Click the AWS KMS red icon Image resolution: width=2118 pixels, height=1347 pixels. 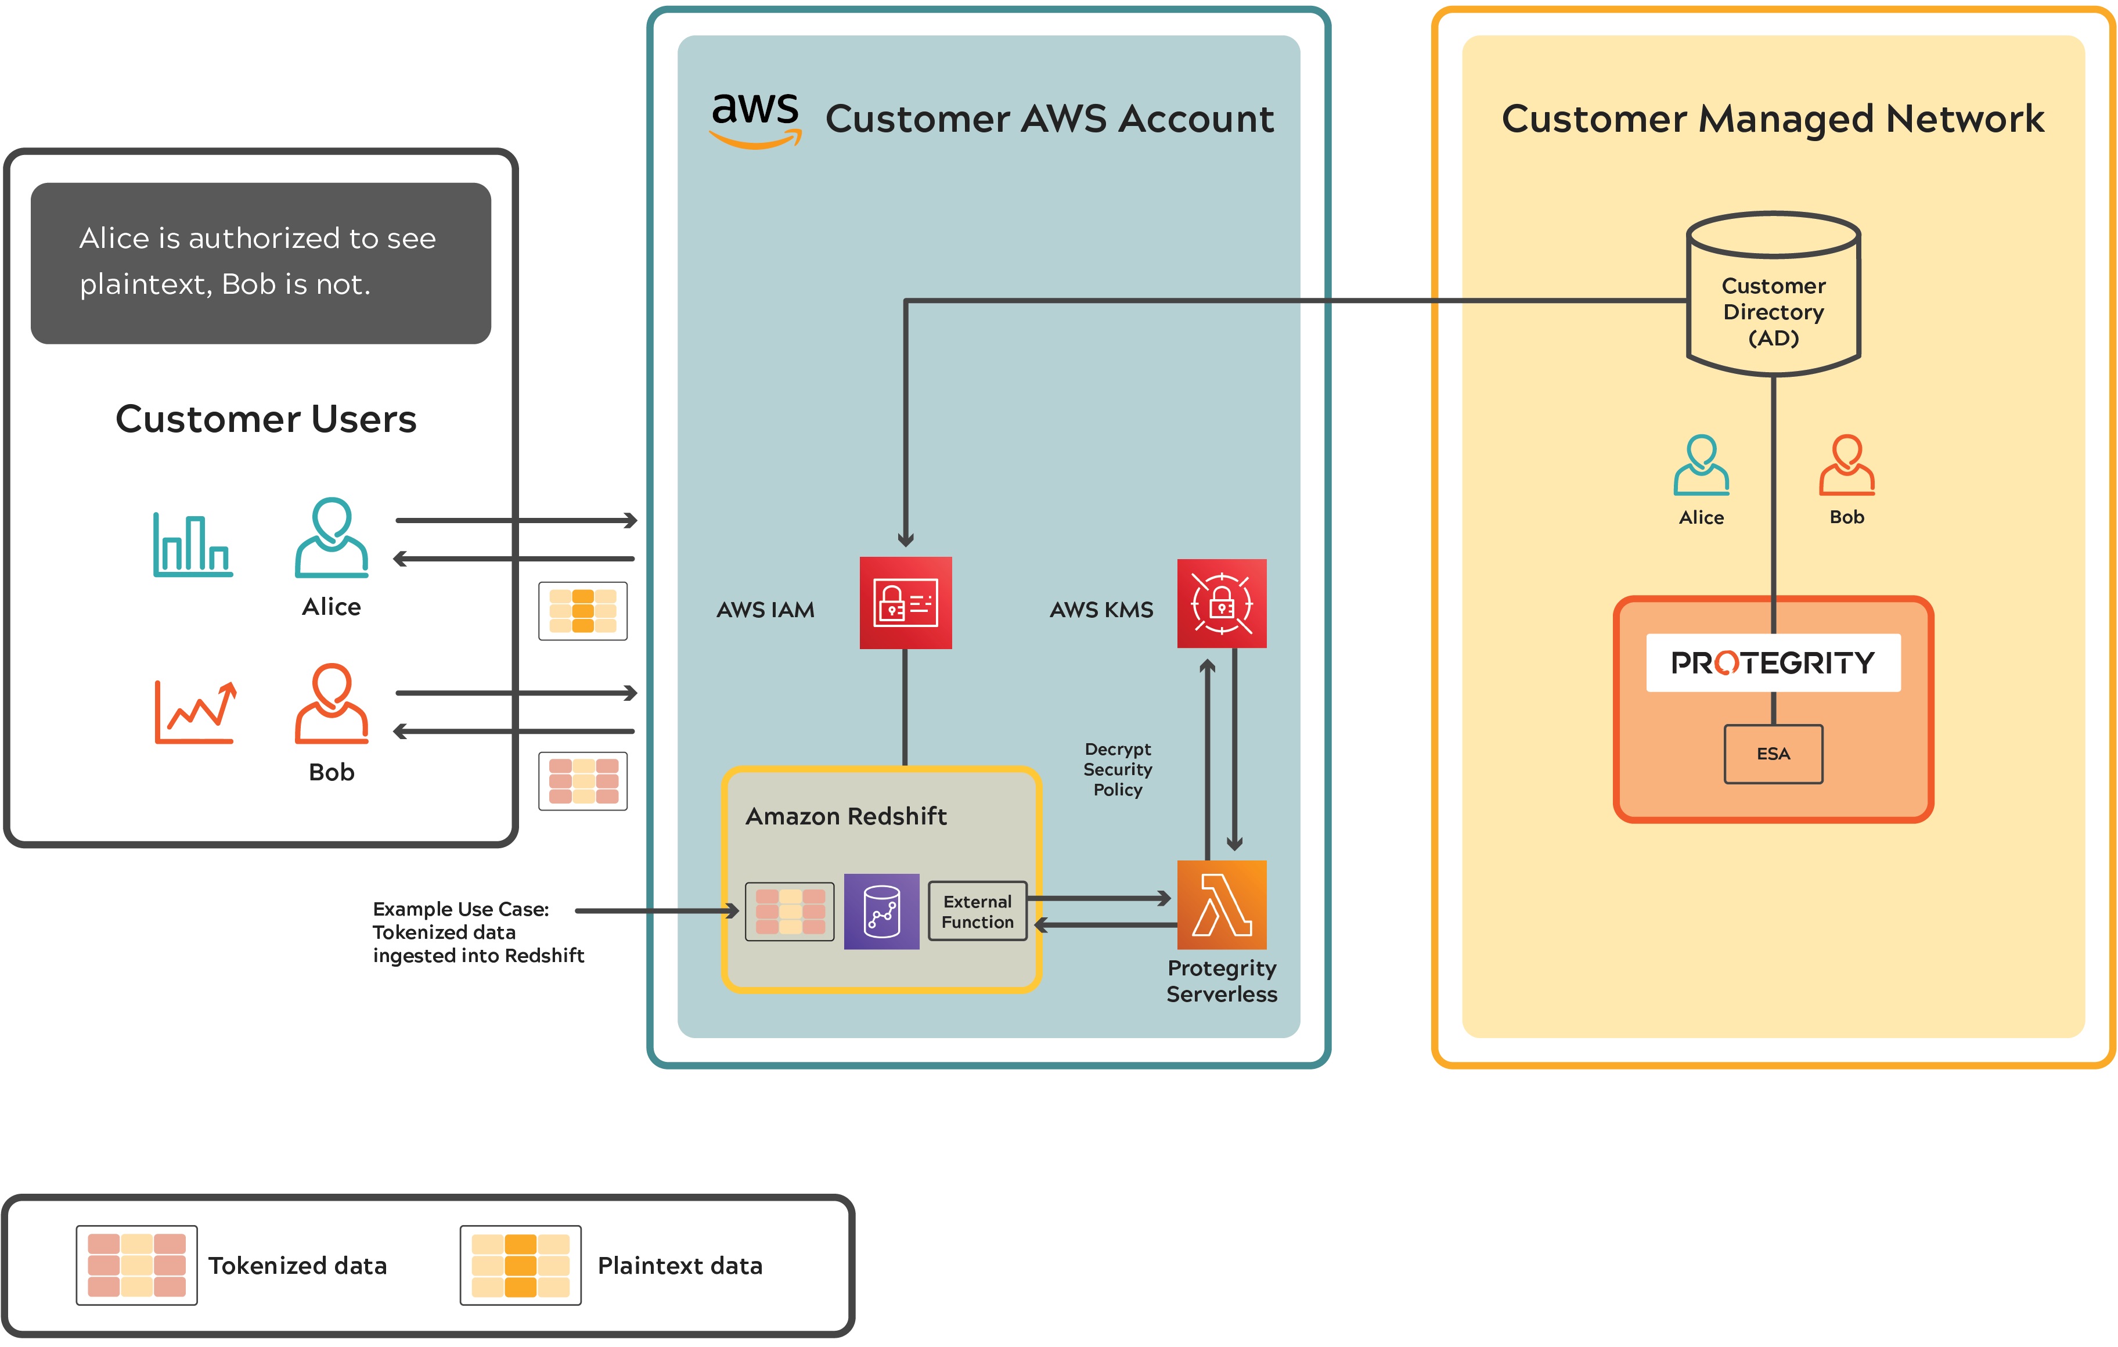pos(1222,604)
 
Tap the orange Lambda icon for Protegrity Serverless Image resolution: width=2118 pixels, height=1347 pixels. pos(1222,905)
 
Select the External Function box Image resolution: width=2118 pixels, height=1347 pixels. pos(977,912)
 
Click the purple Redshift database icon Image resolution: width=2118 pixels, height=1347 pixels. pos(881,912)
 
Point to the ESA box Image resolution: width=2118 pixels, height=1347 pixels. pos(1773,754)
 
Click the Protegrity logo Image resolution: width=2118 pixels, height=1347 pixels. pos(1773,662)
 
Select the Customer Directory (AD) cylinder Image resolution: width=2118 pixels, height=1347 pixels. pos(1773,295)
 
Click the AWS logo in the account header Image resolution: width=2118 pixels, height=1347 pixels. pos(755,120)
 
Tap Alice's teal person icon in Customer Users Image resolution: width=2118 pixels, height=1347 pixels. pos(332,538)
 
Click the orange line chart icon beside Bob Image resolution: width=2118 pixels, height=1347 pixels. pos(195,712)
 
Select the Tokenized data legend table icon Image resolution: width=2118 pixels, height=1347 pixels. pos(136,1265)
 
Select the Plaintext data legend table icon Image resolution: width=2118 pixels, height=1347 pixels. pos(521,1265)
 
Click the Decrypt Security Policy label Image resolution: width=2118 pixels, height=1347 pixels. pos(1117,769)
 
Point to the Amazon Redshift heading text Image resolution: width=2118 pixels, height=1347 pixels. pos(846,816)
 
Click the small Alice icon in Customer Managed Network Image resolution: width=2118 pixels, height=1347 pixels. pos(1701,466)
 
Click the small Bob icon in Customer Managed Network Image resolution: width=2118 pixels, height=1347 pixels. pos(1846,466)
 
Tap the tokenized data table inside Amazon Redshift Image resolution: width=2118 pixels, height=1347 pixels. pos(790,912)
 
